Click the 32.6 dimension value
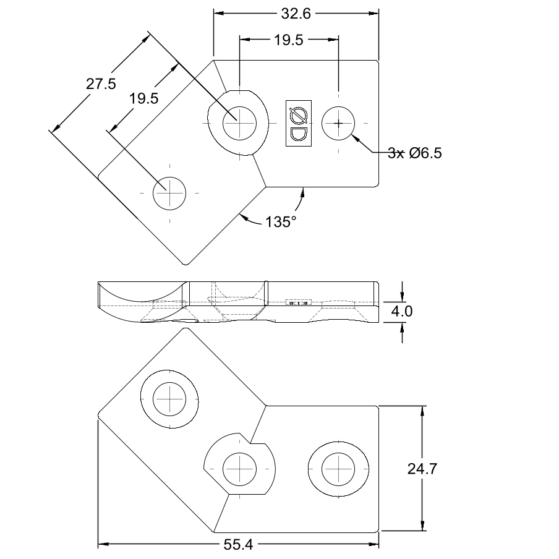[x=296, y=14]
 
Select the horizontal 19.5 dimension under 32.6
[x=288, y=40]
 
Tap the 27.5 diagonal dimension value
[x=101, y=83]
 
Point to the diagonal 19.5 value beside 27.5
[x=143, y=98]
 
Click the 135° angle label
[x=281, y=222]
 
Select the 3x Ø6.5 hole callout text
[x=415, y=153]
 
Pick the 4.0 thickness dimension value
[x=402, y=311]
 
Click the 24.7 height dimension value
[x=422, y=469]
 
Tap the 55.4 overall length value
[x=238, y=544]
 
